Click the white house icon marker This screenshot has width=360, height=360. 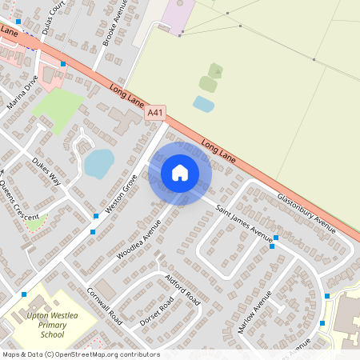pyautogui.click(x=180, y=172)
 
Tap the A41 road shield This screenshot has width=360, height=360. pyautogui.click(x=155, y=114)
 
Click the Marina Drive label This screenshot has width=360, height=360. pyautogui.click(x=22, y=94)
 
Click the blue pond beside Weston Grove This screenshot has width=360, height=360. pyautogui.click(x=98, y=163)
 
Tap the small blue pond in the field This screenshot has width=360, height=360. pyautogui.click(x=203, y=103)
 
